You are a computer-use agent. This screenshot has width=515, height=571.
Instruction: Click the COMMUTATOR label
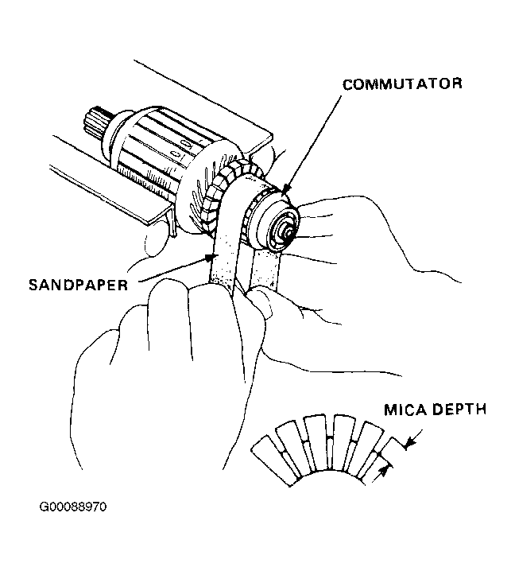(402, 84)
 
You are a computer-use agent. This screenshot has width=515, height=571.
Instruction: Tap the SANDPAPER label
(78, 285)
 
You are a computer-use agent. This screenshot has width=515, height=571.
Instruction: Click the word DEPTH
(460, 410)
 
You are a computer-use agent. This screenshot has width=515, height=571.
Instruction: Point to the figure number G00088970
(73, 507)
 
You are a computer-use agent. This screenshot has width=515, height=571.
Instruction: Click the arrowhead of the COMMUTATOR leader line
(285, 188)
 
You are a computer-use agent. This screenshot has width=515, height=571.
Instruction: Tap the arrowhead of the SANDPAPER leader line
(209, 258)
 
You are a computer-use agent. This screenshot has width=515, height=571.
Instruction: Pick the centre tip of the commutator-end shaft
(288, 231)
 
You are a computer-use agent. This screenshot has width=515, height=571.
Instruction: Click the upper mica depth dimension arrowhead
(409, 443)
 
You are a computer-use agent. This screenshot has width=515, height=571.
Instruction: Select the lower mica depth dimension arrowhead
(382, 472)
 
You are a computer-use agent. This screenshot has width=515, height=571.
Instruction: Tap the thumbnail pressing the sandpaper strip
(259, 298)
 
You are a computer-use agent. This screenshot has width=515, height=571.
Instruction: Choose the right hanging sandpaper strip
(265, 268)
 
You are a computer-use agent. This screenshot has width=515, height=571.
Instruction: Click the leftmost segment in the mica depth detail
(276, 460)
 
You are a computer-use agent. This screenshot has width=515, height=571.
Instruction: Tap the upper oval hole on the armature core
(186, 144)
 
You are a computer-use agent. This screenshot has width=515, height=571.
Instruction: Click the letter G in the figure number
(43, 507)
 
